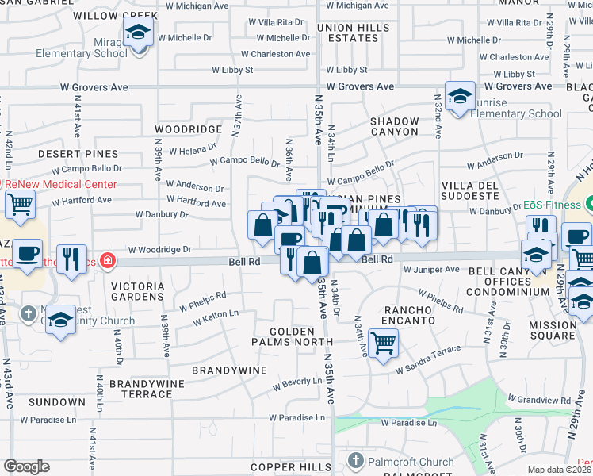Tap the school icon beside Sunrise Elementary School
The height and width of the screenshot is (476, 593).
[460, 97]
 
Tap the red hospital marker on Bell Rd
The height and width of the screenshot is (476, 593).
[107, 260]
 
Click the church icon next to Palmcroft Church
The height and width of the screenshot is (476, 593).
[355, 461]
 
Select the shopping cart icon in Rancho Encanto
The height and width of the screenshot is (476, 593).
[383, 344]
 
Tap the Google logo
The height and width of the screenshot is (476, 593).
[26, 466]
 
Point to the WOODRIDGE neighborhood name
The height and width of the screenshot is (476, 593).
[188, 129]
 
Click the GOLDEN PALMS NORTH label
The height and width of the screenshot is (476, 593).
[293, 336]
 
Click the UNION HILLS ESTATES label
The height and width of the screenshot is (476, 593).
[354, 33]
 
